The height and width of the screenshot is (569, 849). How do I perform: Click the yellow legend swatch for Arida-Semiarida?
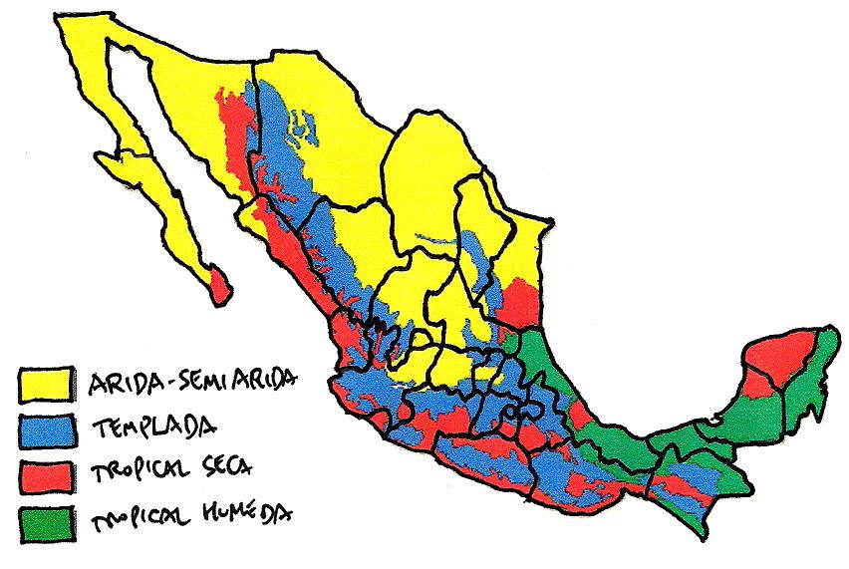[47, 382]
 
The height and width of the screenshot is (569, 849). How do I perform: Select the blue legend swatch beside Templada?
[47, 428]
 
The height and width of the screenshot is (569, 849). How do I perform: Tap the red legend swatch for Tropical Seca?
[47, 473]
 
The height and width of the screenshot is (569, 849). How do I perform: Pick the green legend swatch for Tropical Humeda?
[47, 520]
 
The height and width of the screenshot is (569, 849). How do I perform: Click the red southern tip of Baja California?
[220, 285]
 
